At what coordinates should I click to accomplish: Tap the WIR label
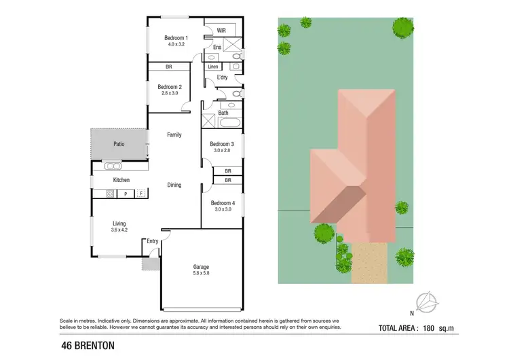tap(221, 31)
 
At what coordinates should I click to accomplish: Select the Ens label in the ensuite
tap(217, 47)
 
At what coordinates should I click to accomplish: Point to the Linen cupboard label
tap(213, 67)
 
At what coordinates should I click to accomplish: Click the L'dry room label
tap(222, 78)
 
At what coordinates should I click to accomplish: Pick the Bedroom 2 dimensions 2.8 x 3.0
tap(169, 94)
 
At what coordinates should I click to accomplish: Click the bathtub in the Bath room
tap(230, 124)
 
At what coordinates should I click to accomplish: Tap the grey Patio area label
tap(119, 143)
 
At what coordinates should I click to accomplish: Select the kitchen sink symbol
tap(112, 166)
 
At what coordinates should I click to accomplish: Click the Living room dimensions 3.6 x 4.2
tap(119, 230)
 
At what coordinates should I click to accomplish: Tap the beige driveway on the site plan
tap(371, 262)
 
